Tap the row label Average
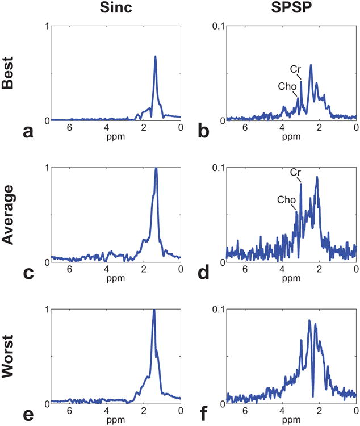tap(9, 214)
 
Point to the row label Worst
tap(9, 356)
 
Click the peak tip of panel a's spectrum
tap(155, 56)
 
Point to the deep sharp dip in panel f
tap(312, 396)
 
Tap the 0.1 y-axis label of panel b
tap(218, 26)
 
